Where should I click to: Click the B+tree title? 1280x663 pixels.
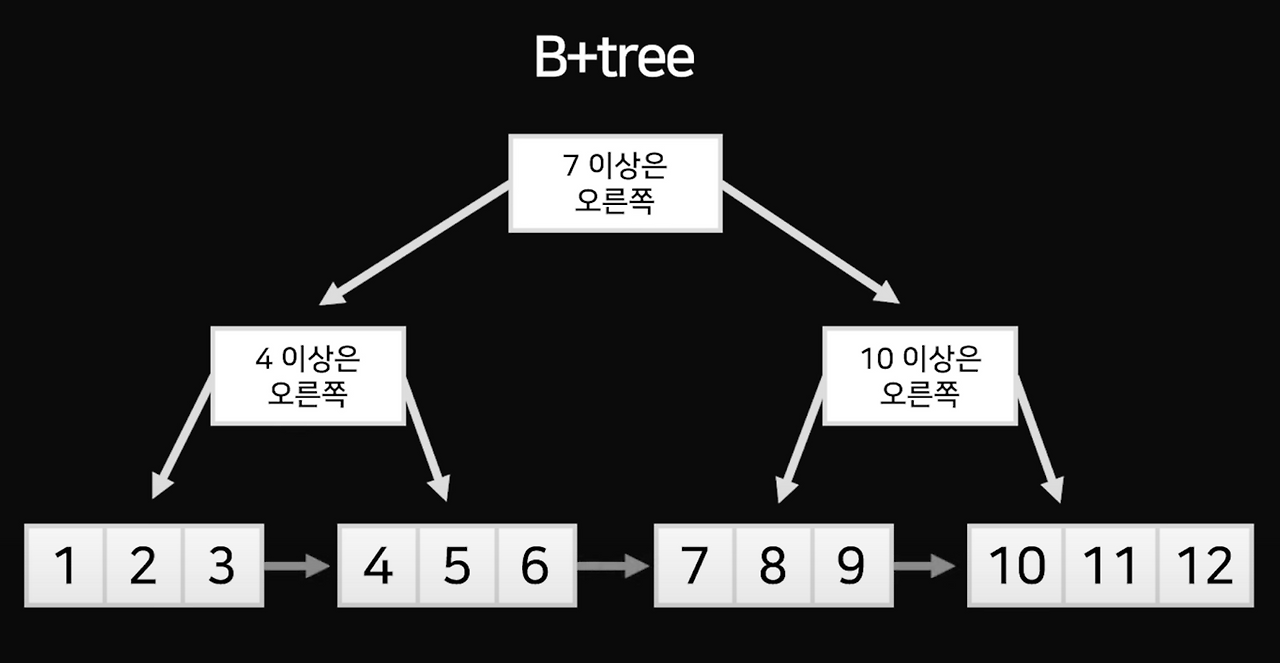coord(613,59)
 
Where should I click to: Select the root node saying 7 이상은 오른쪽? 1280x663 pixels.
coord(615,183)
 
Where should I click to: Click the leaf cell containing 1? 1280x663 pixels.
coord(65,566)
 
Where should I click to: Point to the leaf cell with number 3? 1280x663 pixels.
coord(221,566)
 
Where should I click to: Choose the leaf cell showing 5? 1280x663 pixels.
coord(457,566)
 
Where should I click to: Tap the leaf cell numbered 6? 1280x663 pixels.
coord(535,566)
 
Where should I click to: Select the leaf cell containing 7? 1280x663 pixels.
coord(695,566)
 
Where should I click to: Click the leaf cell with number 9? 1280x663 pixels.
coord(851,566)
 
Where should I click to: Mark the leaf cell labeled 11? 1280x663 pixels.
coord(1111,566)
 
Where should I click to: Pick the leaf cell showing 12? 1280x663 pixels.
coord(1204,566)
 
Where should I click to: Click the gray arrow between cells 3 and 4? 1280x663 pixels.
coord(298,566)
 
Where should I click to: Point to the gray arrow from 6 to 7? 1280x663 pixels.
coord(613,566)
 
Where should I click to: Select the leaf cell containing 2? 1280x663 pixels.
coord(143,566)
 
